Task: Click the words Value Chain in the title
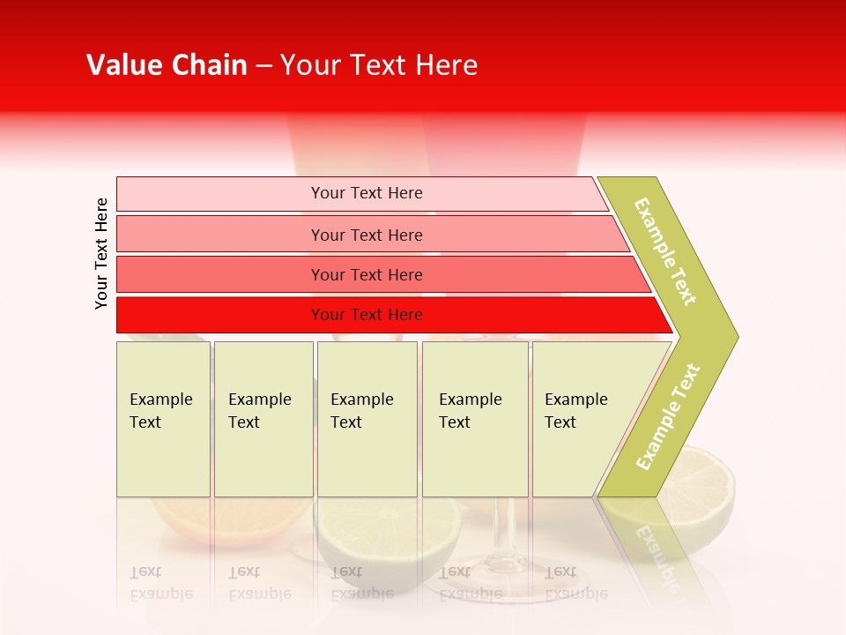coord(167,65)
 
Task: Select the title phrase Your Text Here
coord(379,65)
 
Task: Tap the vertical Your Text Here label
coord(101,253)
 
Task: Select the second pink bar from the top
coord(366,235)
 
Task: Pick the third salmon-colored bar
coord(366,274)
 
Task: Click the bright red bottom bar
coord(366,315)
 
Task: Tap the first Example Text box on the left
coord(163,418)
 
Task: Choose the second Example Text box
coord(263,418)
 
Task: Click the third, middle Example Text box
coord(367,418)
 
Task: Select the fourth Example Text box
coord(474,418)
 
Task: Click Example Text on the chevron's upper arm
coord(665,252)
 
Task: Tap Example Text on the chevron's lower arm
coord(667,417)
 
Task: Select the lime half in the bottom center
coord(388,538)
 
